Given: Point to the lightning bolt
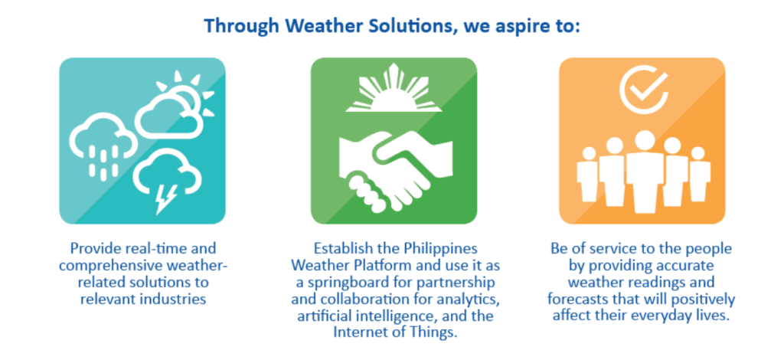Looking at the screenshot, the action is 166,199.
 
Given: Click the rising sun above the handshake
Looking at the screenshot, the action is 394,88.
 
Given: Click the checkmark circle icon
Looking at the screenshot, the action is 643,89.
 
